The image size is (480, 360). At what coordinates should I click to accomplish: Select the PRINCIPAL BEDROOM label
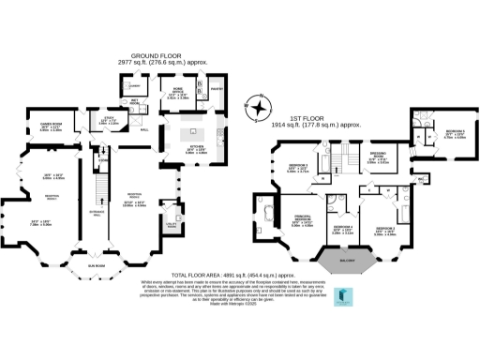303,221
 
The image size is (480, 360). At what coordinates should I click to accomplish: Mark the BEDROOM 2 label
385,229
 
